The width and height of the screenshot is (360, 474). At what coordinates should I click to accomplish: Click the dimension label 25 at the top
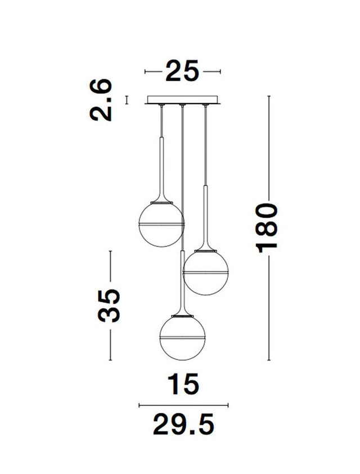[182, 71]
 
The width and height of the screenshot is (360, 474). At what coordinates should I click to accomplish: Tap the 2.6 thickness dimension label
[101, 100]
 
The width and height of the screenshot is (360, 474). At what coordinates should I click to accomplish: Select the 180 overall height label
[267, 228]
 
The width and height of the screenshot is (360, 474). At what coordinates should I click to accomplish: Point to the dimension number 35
[109, 305]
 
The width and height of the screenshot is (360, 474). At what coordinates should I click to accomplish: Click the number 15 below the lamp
[183, 383]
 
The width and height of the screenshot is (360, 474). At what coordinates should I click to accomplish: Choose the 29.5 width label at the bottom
[183, 424]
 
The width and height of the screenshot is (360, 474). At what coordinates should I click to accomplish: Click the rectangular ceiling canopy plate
[182, 100]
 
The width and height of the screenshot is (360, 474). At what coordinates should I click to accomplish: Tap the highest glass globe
[161, 224]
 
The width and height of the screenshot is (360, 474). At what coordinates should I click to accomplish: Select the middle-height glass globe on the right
[206, 272]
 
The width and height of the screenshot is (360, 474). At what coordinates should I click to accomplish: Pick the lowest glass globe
[182, 338]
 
